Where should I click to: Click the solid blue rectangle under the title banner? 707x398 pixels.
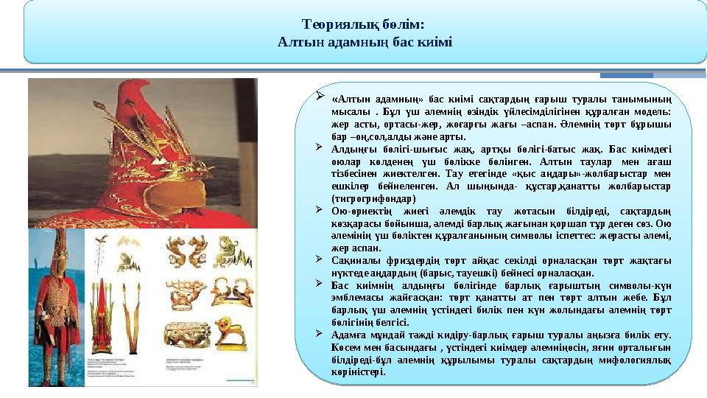pyautogui.click(x=626, y=74)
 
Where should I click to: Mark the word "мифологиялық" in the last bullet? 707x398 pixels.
pyautogui.click(x=635, y=360)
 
